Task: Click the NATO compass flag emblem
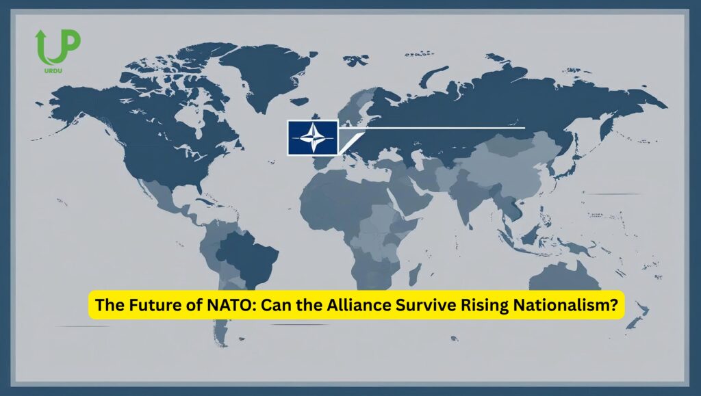click(x=311, y=137)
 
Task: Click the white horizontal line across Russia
click(x=438, y=128)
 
